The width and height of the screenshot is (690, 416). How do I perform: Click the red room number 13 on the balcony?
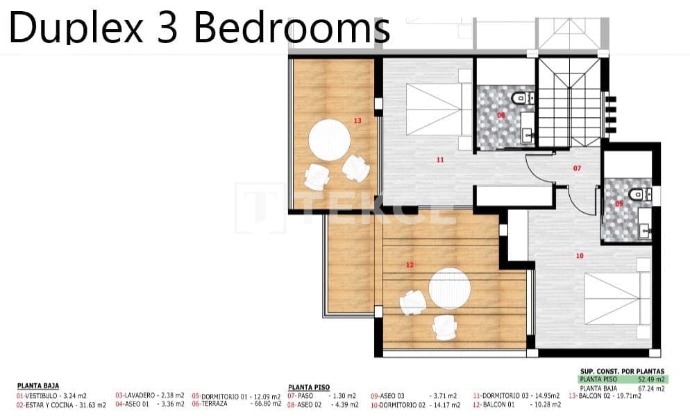(x=357, y=121)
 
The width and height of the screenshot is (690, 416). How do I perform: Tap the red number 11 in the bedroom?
(x=440, y=159)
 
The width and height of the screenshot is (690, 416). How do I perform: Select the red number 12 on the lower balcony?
(x=410, y=265)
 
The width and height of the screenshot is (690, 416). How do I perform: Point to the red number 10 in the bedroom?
(x=580, y=256)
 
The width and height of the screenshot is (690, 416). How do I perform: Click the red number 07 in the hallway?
(x=576, y=168)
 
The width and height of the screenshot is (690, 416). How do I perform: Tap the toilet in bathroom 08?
(x=519, y=99)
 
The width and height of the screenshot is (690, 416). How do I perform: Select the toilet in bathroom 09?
(x=634, y=192)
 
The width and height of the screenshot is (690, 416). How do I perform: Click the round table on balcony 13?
(x=330, y=139)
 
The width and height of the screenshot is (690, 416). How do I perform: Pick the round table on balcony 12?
(x=450, y=288)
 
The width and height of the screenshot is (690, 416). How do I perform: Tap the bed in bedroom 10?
(x=612, y=298)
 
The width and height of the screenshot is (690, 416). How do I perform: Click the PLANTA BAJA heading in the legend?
(x=37, y=386)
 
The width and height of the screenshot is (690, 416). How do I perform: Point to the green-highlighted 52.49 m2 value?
(x=651, y=380)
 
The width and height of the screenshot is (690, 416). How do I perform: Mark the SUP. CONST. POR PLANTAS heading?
(x=622, y=372)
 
